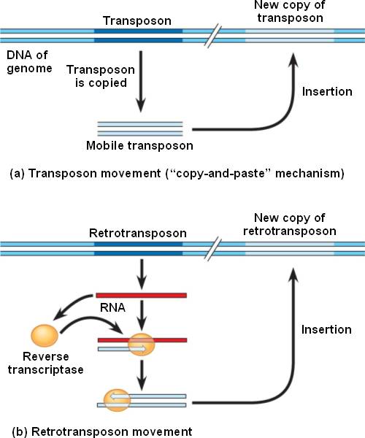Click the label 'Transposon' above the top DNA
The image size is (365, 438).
(x=137, y=21)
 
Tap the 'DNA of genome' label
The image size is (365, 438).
(x=29, y=62)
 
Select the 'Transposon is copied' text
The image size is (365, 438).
(x=101, y=76)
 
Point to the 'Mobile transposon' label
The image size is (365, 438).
(x=139, y=145)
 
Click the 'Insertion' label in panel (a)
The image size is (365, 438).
(x=327, y=92)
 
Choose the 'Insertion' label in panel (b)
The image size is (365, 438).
(x=326, y=330)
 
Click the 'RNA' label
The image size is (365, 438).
(x=112, y=307)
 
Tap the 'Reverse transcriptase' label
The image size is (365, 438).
(x=45, y=363)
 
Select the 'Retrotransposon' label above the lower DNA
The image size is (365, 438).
(x=138, y=234)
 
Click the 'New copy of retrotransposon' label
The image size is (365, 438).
(x=290, y=224)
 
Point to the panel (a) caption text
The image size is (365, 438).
(x=177, y=174)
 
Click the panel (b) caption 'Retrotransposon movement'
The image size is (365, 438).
(x=102, y=431)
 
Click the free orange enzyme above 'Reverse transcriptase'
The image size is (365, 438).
(x=45, y=335)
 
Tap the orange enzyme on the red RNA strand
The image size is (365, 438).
(x=142, y=345)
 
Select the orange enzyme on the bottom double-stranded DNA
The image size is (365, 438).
(x=117, y=400)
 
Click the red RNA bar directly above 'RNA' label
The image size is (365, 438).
(x=142, y=295)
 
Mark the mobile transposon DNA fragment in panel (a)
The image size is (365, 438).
(x=140, y=128)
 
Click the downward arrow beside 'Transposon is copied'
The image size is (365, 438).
(x=141, y=82)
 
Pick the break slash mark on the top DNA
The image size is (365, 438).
(x=213, y=36)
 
